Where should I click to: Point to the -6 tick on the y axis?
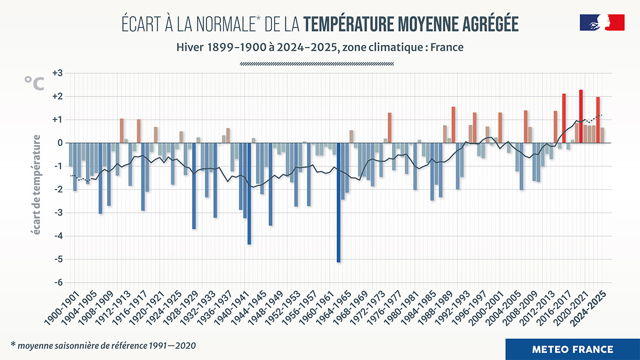pos(58,283)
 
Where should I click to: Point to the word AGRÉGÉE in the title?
pos(486,25)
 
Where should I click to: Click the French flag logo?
pos(602,23)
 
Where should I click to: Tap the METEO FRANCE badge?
pos(572,349)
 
